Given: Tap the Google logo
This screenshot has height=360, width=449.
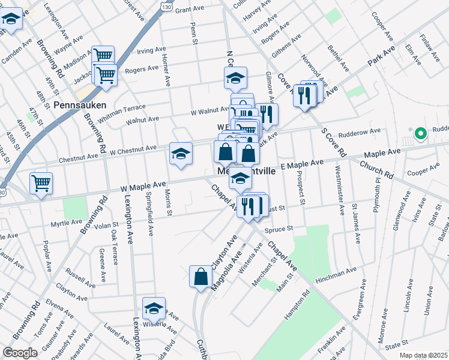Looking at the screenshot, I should click(x=20, y=353).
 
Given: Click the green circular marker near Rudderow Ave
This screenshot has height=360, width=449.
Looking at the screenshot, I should click(x=421, y=133).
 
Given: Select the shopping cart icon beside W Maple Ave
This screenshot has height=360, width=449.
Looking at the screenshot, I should click(x=41, y=182).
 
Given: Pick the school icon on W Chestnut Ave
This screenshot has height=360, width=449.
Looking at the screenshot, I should click(x=181, y=154).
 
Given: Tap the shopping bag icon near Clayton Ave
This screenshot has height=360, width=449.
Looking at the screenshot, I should click(x=201, y=277).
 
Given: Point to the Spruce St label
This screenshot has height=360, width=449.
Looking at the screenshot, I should click(x=280, y=229).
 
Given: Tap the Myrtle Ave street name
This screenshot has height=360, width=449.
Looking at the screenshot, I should click(x=66, y=222).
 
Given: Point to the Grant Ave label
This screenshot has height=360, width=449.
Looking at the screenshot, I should click(x=190, y=10).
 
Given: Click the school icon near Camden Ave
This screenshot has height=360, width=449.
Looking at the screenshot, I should click(x=11, y=20).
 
